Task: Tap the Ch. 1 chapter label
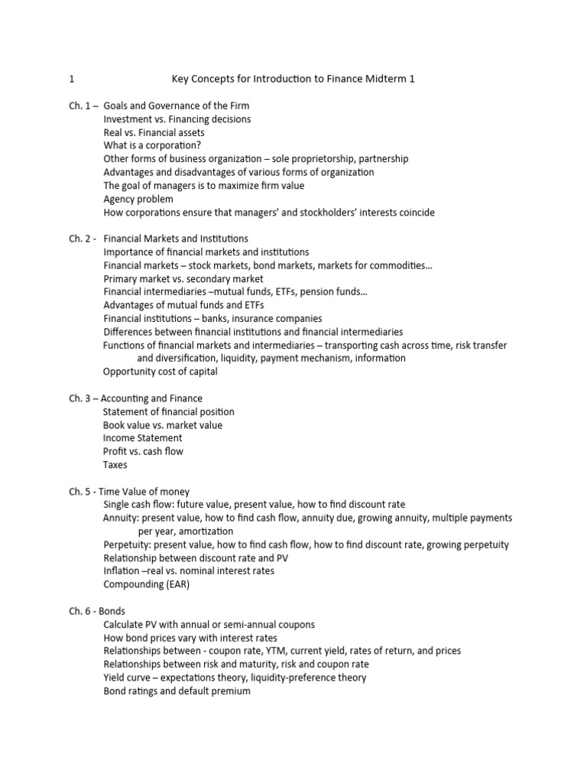80,106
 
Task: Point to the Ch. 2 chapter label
80,239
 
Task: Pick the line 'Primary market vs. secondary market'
183,278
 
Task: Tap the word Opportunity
131,372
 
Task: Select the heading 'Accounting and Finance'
153,398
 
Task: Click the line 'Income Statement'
142,438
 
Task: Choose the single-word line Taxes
115,465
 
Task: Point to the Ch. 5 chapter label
80,492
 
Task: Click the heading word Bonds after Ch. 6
112,611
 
